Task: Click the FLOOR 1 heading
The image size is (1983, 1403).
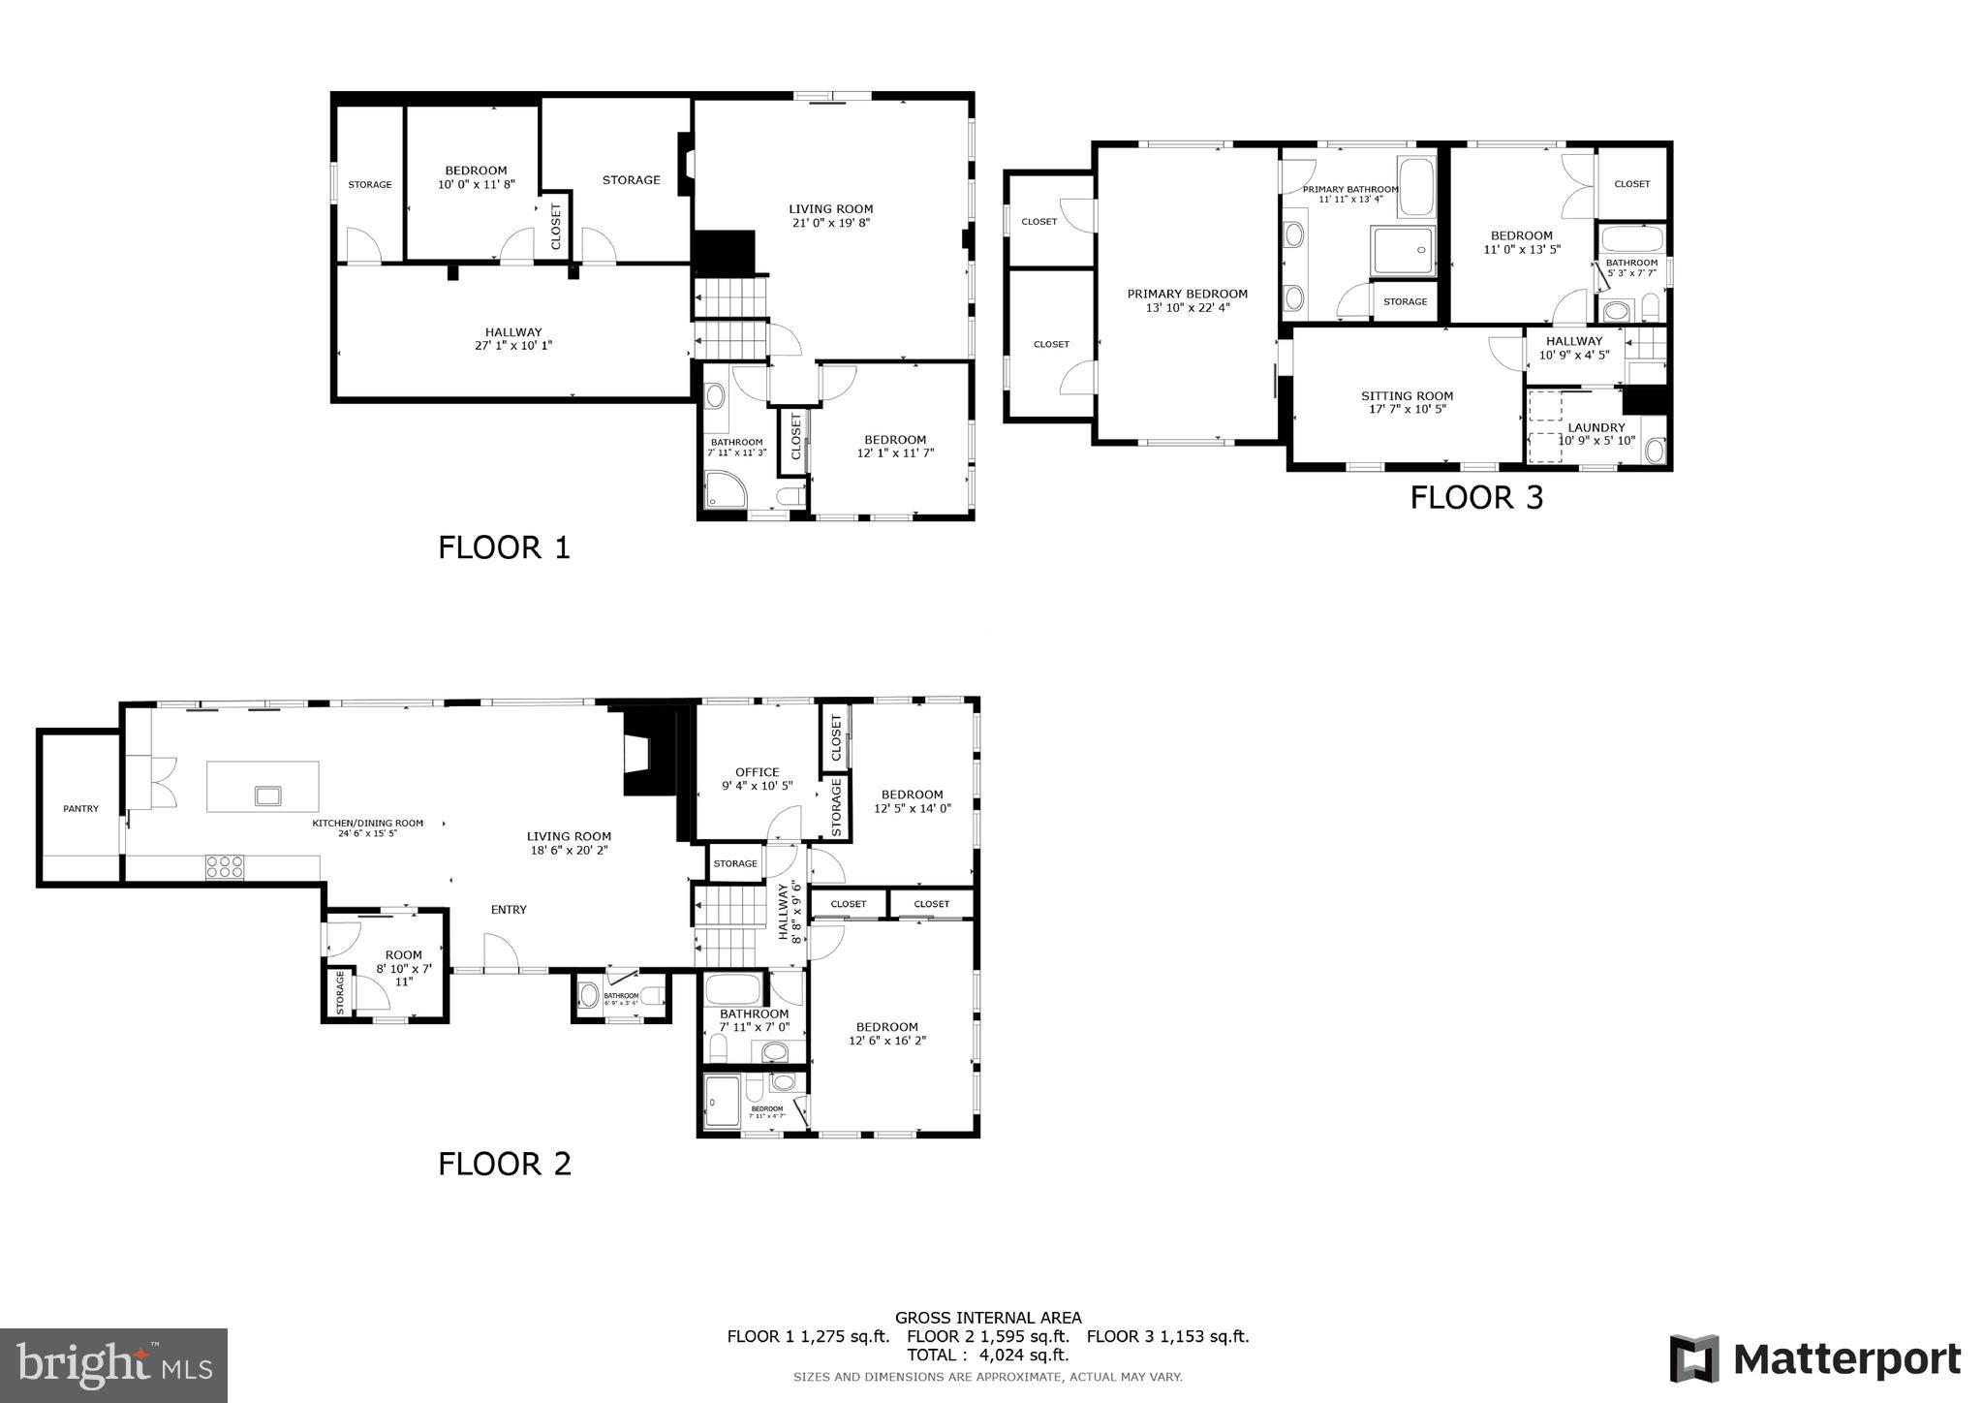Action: click(x=504, y=547)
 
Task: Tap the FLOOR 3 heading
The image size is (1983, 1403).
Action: click(x=1475, y=497)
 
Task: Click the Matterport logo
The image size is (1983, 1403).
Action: click(x=1814, y=1359)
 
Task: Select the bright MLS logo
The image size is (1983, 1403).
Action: click(x=114, y=1364)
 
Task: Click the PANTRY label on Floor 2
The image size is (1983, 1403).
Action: click(x=80, y=808)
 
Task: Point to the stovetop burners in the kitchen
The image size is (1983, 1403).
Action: click(x=224, y=866)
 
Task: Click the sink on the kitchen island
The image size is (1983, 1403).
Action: click(x=267, y=795)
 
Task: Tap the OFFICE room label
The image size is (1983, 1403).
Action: click(x=757, y=772)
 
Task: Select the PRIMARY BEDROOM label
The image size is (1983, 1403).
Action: click(x=1187, y=294)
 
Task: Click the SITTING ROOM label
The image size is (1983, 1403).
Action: click(x=1407, y=395)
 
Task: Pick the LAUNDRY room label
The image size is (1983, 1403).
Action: click(x=1596, y=427)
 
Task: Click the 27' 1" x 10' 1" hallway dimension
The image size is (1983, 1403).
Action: click(x=513, y=346)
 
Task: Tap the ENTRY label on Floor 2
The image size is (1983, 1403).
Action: click(x=509, y=909)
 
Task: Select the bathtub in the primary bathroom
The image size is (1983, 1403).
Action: click(x=1417, y=187)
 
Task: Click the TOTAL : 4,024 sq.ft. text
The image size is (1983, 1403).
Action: click(x=987, y=1355)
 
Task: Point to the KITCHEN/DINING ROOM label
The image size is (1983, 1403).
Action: click(x=367, y=823)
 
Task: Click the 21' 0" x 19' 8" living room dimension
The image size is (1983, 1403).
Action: click(x=830, y=223)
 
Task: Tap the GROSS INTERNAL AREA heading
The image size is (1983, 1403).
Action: click(x=987, y=1317)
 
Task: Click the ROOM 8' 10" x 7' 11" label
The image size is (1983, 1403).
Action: click(x=403, y=967)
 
